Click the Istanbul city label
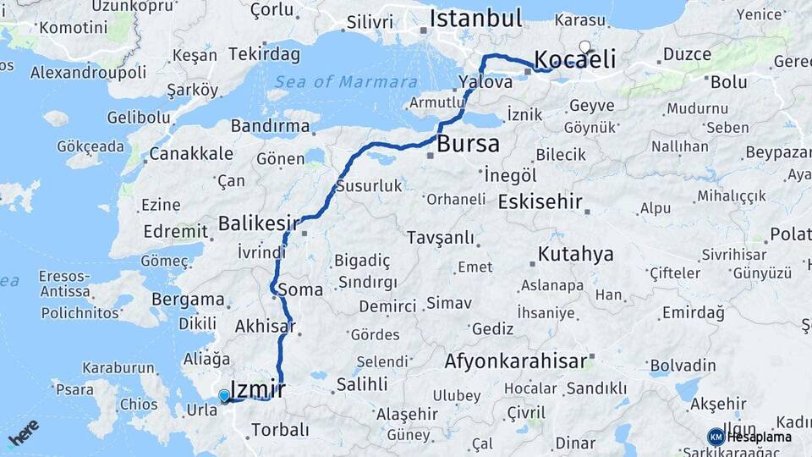pyautogui.click(x=475, y=19)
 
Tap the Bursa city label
pyautogui.click(x=468, y=144)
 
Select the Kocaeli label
pyautogui.click(x=574, y=59)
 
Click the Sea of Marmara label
pyautogui.click(x=346, y=82)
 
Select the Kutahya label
pyautogui.click(x=576, y=255)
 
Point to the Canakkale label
pyautogui.click(x=190, y=154)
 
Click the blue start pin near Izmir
pyautogui.click(x=223, y=395)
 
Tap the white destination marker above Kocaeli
pyautogui.click(x=584, y=47)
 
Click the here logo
pyautogui.click(x=23, y=432)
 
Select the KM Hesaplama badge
pyautogui.click(x=749, y=437)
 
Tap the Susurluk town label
pyautogui.click(x=369, y=185)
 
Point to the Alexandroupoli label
pyautogui.click(x=88, y=72)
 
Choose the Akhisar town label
pyautogui.click(x=265, y=326)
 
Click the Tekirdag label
pyautogui.click(x=264, y=54)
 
